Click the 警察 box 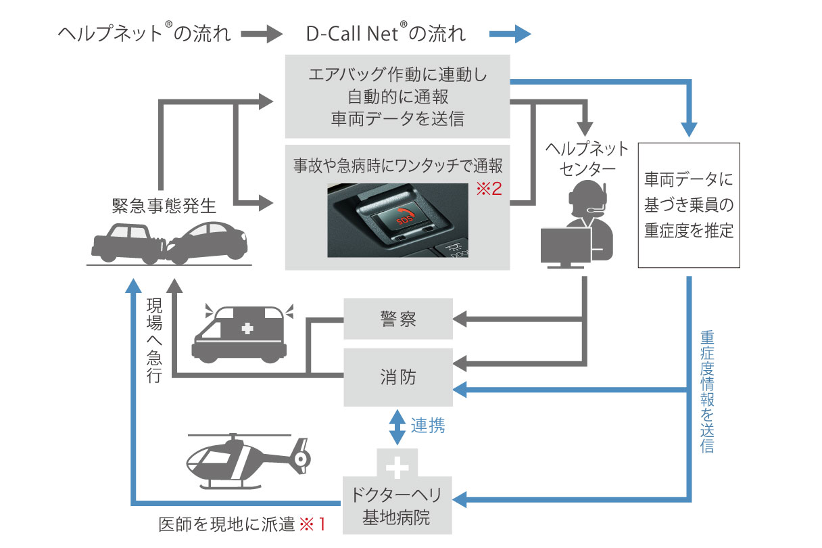click(397, 319)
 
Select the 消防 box click(397, 377)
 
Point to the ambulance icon click(244, 332)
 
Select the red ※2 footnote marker click(488, 189)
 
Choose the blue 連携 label click(428, 426)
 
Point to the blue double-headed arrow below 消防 click(397, 427)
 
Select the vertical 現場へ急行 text click(154, 341)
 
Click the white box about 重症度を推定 click(689, 205)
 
